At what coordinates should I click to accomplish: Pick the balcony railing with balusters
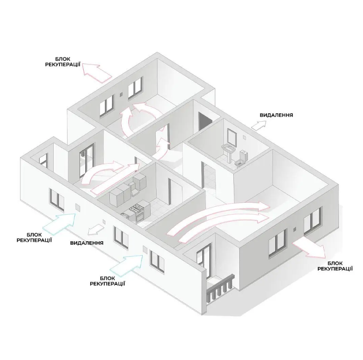219,288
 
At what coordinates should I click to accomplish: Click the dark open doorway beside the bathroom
205,123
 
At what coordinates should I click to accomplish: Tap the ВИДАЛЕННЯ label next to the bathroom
276,115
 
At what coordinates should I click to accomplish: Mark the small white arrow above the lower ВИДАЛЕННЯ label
96,229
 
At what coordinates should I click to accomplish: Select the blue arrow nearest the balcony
127,263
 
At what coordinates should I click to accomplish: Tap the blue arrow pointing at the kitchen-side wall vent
60,223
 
